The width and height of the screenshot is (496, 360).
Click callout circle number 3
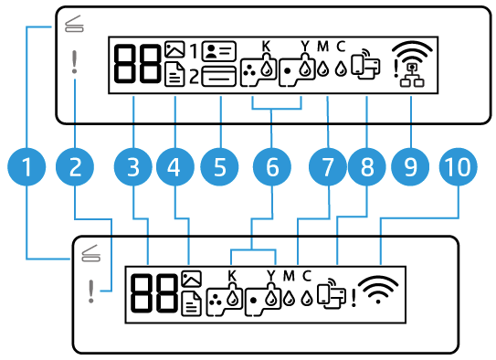(134, 167)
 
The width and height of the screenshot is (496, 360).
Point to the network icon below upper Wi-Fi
(413, 79)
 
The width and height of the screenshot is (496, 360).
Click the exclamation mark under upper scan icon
(73, 62)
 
